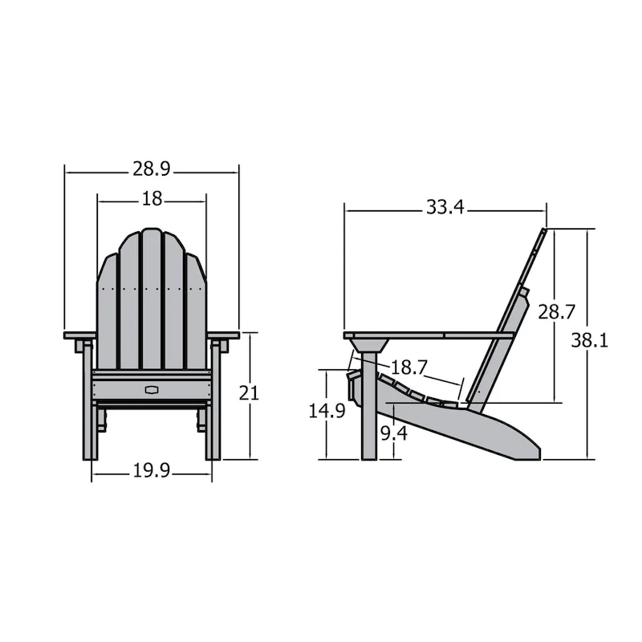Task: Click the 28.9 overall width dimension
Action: click(152, 170)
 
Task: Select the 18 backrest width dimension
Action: click(152, 197)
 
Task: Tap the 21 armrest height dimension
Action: click(249, 393)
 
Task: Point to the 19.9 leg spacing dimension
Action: click(152, 471)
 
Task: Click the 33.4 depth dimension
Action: click(445, 207)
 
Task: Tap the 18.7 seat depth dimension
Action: click(408, 367)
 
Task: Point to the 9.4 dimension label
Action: click(392, 434)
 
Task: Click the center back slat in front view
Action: click(152, 297)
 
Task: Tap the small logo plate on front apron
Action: click(152, 389)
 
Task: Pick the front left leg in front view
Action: click(89, 409)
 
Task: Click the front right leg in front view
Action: click(213, 409)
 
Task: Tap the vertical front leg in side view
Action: click(368, 417)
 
